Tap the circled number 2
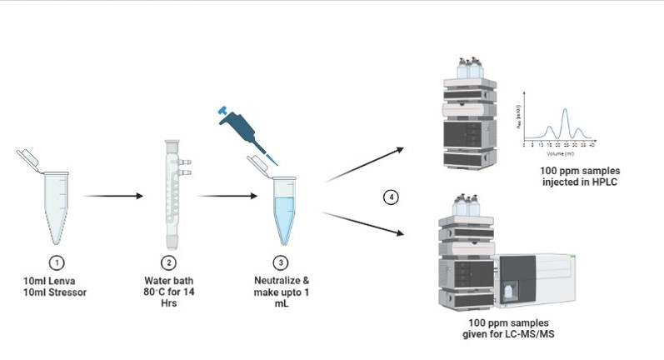pos(169,262)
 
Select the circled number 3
pos(282,262)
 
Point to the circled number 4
pos(390,197)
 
